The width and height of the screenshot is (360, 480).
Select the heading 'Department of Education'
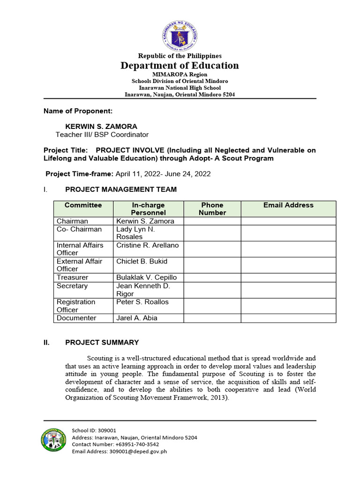click(180, 65)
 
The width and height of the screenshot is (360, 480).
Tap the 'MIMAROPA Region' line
click(180, 75)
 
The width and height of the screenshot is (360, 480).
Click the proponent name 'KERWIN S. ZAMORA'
click(96, 127)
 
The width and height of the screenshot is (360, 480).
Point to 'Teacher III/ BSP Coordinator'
click(102, 135)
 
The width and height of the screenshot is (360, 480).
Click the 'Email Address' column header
click(288, 205)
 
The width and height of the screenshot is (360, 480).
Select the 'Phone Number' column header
click(212, 209)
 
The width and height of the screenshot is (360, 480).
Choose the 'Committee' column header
click(83, 205)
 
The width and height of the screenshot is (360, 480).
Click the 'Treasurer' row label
click(72, 277)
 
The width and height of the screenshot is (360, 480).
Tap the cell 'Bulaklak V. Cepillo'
click(147, 277)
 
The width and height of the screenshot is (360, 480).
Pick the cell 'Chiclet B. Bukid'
click(142, 261)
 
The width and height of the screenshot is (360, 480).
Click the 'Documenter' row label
click(76, 318)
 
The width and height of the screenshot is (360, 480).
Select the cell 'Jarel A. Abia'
click(137, 318)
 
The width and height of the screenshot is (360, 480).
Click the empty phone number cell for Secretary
click(212, 290)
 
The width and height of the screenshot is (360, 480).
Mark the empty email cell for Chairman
click(288, 221)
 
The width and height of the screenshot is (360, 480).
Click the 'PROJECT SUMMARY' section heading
click(102, 342)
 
